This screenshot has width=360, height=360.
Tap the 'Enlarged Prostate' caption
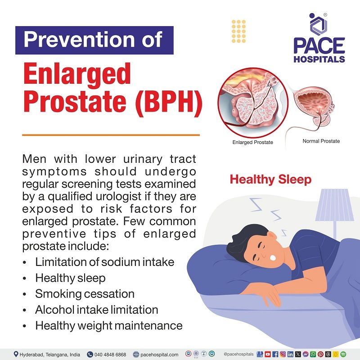252,143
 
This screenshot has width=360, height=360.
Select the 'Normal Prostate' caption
321,141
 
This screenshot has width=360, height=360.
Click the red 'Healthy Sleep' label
270,180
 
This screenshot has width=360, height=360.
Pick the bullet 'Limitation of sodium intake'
104,262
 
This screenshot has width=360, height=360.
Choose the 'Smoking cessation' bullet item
85,294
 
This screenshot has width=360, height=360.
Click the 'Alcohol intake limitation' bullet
97,310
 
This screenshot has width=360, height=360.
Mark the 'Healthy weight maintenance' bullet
108,325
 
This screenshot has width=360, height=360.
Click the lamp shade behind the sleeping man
332,205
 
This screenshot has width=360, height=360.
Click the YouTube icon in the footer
268,354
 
